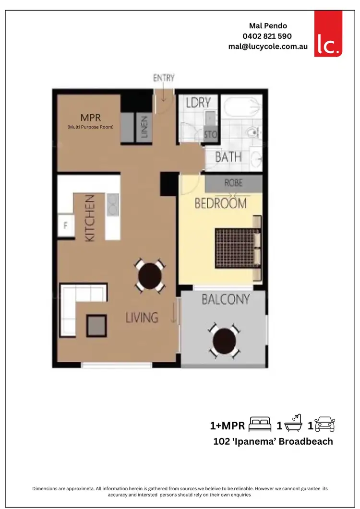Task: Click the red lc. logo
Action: pyautogui.click(x=328, y=34)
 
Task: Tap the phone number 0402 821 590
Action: pyautogui.click(x=267, y=36)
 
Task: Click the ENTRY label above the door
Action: pyautogui.click(x=164, y=78)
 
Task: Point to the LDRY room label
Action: pyautogui.click(x=198, y=102)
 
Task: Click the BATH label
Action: pyautogui.click(x=228, y=157)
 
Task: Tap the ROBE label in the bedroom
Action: pyautogui.click(x=234, y=183)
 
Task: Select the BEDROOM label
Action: pyautogui.click(x=220, y=203)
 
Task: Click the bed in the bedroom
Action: pyautogui.click(x=238, y=248)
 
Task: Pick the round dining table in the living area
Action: pyautogui.click(x=150, y=275)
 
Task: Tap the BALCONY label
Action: pyautogui.click(x=226, y=300)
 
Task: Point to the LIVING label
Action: pyautogui.click(x=142, y=317)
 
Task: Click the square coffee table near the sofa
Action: pyautogui.click(x=96, y=326)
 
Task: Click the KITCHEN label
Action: pyautogui.click(x=90, y=217)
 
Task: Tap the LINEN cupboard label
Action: pyautogui.click(x=144, y=127)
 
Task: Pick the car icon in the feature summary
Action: pyautogui.click(x=325, y=425)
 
